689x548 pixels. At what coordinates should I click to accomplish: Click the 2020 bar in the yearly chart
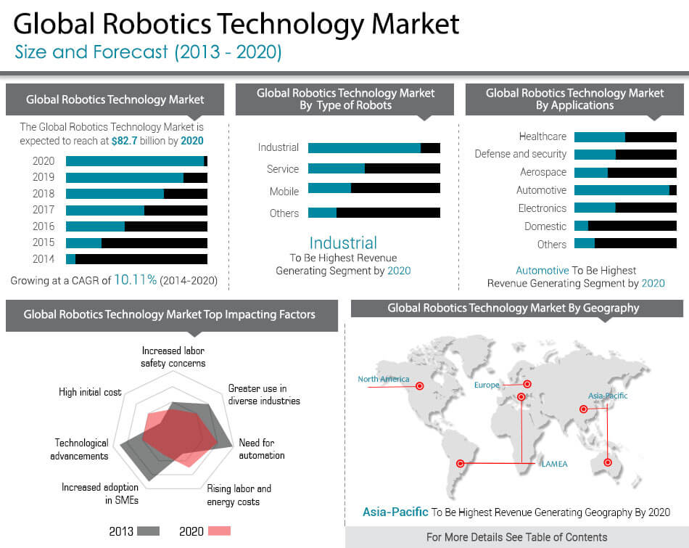[136, 161]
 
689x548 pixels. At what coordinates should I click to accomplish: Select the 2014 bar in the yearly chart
[136, 259]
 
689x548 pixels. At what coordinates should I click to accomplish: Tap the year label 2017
[44, 210]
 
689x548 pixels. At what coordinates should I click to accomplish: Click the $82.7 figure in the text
[125, 141]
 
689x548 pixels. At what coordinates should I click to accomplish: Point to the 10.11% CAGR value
[135, 280]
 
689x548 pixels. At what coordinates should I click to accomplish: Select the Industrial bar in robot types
[374, 148]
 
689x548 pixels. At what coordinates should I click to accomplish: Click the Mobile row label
[284, 192]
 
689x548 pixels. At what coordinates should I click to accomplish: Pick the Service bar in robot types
[374, 168]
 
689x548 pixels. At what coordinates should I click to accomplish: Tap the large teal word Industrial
[343, 243]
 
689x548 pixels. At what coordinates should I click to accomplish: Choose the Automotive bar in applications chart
[625, 190]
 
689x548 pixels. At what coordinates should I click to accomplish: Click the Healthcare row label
[542, 136]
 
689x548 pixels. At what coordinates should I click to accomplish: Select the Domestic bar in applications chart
[625, 226]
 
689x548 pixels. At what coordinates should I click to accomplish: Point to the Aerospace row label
[543, 172]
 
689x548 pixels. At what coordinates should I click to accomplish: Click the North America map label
[384, 379]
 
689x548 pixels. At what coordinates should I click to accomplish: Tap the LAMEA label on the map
[555, 463]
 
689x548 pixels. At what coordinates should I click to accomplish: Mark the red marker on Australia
[608, 462]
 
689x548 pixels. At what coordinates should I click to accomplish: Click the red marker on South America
[458, 463]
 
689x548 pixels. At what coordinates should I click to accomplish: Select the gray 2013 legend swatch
[148, 531]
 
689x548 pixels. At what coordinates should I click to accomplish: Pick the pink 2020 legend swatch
[220, 531]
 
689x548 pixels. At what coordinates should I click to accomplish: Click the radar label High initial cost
[90, 392]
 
